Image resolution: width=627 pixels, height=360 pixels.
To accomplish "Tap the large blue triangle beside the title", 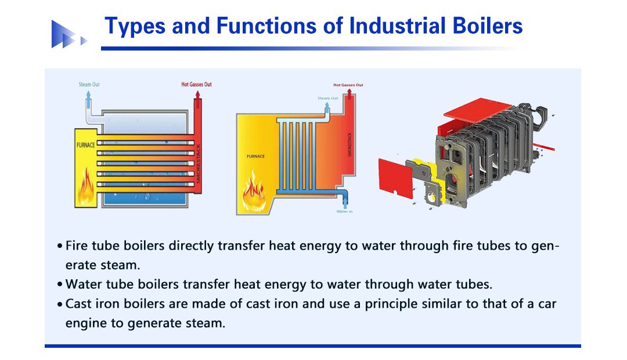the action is pyautogui.click(x=63, y=34).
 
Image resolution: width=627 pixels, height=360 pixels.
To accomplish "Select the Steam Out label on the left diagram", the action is pyautogui.click(x=89, y=84).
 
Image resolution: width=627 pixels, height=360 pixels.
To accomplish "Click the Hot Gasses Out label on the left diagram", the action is pyautogui.click(x=196, y=84).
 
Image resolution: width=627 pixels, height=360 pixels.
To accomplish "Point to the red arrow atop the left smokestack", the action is pyautogui.click(x=197, y=95).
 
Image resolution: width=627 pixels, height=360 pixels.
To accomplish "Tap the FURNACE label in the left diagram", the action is pyautogui.click(x=85, y=145).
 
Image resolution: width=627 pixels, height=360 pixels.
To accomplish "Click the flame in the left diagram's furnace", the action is pyautogui.click(x=86, y=186).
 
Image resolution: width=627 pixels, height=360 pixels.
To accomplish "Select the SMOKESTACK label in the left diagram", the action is pyautogui.click(x=198, y=163).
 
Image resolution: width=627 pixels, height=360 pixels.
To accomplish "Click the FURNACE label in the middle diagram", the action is pyautogui.click(x=255, y=156).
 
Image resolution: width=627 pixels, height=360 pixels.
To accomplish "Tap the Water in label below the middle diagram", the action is pyautogui.click(x=344, y=211).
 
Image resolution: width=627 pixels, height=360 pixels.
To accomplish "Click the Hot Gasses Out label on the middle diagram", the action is pyautogui.click(x=348, y=85).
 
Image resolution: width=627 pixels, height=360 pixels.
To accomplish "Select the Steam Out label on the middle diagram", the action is pyautogui.click(x=328, y=98).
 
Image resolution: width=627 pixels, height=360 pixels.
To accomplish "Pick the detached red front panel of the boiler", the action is pyautogui.click(x=395, y=178).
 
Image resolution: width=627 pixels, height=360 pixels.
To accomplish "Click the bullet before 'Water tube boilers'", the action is pyautogui.click(x=60, y=285).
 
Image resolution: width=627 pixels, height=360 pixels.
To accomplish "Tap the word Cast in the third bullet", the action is pyautogui.click(x=78, y=304).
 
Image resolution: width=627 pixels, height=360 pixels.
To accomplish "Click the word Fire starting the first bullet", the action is pyautogui.click(x=77, y=245).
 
